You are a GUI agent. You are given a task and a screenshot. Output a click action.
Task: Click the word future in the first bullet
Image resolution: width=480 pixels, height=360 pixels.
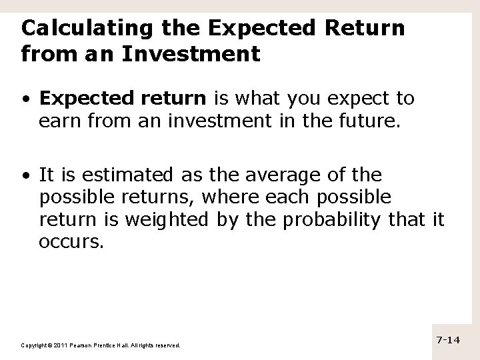tap(359, 122)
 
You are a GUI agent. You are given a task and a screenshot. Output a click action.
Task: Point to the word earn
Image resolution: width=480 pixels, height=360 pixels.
tap(59, 122)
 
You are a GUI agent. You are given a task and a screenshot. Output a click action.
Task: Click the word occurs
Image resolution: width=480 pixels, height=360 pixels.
tap(71, 241)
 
